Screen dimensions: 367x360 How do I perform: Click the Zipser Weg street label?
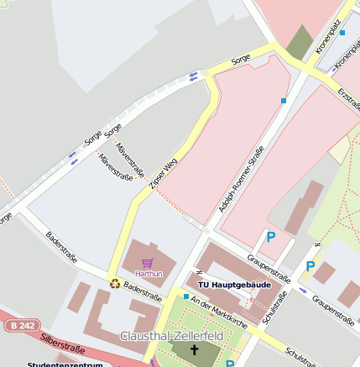point(164,179)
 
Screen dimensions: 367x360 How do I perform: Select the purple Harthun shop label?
point(149,274)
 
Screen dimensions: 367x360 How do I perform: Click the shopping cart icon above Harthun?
point(149,263)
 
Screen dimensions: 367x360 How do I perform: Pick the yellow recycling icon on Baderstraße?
point(114,283)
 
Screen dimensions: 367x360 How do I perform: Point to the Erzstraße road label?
point(348,102)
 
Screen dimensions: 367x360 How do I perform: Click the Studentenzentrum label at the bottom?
point(65,364)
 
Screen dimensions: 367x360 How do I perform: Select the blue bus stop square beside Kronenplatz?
point(342,33)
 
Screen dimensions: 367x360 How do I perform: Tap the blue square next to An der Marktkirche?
point(185,296)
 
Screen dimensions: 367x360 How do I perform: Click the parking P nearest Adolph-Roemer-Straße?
point(270,238)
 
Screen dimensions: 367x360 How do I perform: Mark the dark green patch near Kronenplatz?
point(300,41)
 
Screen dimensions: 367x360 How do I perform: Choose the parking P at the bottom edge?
point(230,364)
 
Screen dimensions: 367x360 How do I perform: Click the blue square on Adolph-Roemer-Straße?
point(284,101)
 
